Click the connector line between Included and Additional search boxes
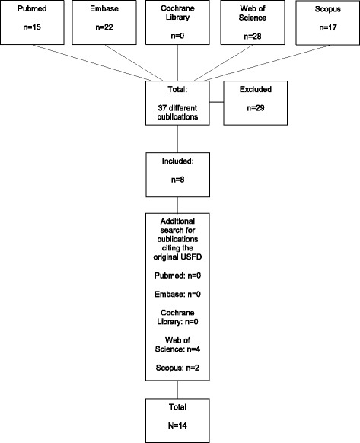[177, 206]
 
